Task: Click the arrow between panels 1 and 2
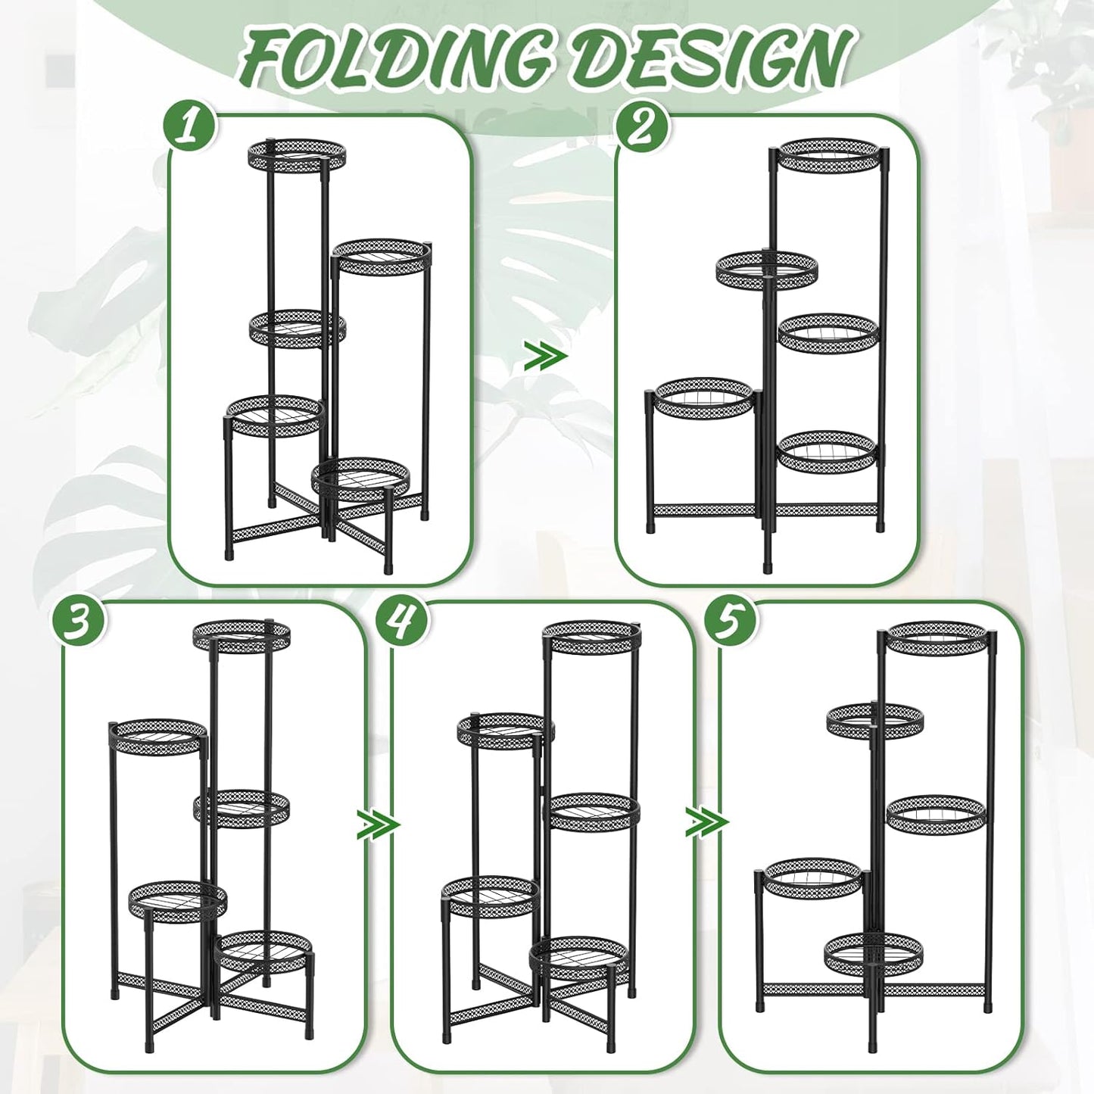click(545, 356)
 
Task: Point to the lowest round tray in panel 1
click(361, 478)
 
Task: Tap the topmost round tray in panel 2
click(830, 156)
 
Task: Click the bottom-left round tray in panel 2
click(704, 397)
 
